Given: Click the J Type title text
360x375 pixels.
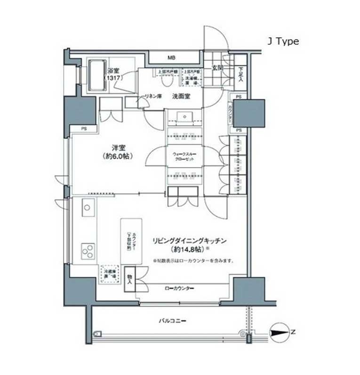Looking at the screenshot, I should [x=283, y=41].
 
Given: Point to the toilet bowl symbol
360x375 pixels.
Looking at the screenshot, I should [x=165, y=80].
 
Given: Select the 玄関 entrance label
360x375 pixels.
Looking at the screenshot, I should [x=217, y=68].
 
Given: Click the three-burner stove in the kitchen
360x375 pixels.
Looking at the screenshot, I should [x=88, y=251].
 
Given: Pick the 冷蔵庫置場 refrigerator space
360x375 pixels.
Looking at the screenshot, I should [x=108, y=273].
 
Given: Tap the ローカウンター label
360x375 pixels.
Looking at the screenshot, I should [x=179, y=288].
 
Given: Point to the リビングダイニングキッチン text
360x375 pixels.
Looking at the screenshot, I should [x=189, y=241].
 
